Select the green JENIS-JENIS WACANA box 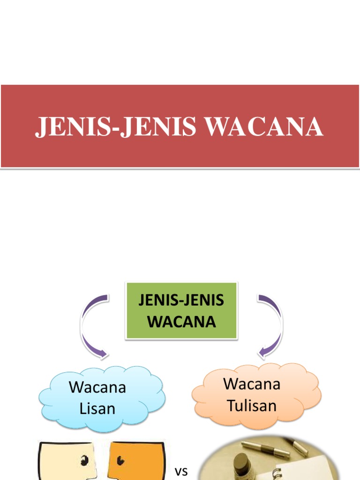click(x=181, y=310)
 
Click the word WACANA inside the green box click(x=181, y=322)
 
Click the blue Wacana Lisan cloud click(x=101, y=398)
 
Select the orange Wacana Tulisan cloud click(x=256, y=395)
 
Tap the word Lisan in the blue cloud click(x=97, y=409)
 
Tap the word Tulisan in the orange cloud click(x=252, y=405)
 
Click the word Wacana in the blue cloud click(x=97, y=388)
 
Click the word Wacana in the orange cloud click(x=252, y=384)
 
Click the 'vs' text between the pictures click(x=181, y=472)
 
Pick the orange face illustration click(x=136, y=462)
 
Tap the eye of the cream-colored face click(x=85, y=460)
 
